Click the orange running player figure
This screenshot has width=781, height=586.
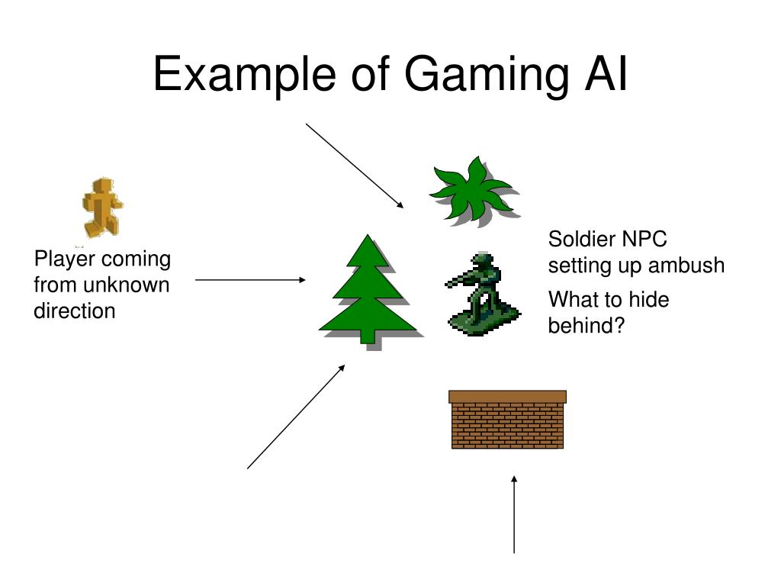(x=102, y=207)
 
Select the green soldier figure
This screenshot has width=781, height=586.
(x=480, y=294)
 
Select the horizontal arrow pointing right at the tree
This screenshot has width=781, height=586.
(x=250, y=280)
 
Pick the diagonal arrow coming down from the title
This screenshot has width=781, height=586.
(x=355, y=165)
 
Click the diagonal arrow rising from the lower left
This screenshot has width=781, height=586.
(x=296, y=417)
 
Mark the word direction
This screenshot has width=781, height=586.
(x=75, y=311)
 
